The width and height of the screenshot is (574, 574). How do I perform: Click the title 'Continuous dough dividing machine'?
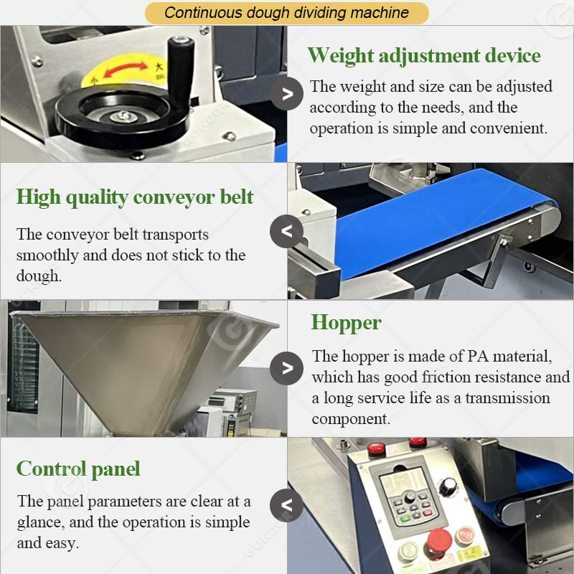pos(286,12)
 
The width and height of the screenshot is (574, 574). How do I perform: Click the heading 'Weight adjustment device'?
pos(423,55)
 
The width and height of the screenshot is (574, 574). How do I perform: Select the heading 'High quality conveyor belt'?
pos(135,197)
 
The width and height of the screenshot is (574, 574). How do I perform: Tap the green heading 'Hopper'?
pos(346,323)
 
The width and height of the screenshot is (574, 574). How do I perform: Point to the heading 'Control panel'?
pos(78,469)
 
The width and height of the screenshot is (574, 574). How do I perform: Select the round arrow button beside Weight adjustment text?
pos(287,93)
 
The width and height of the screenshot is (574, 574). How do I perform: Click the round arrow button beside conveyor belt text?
pos(286,232)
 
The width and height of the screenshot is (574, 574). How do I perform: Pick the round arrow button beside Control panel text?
pos(286,504)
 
